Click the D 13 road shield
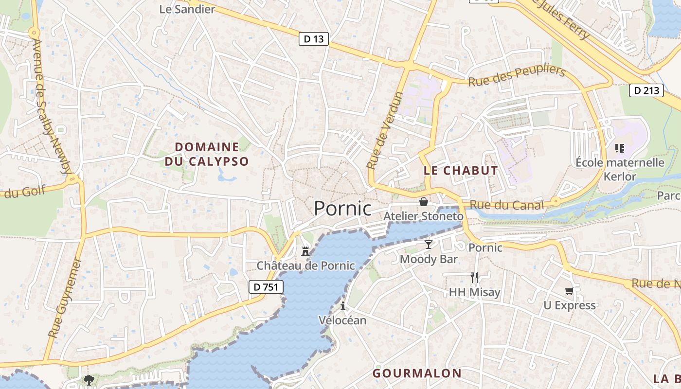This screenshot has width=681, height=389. (x=314, y=39)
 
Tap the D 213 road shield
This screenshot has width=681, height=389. (x=646, y=90)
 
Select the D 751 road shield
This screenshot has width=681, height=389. (x=266, y=287)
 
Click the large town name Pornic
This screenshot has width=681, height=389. (x=342, y=209)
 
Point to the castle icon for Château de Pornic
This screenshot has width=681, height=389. (x=305, y=251)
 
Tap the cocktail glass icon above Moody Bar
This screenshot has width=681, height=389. (x=428, y=244)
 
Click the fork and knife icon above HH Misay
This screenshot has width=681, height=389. (x=474, y=278)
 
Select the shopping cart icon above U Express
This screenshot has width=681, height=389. (x=569, y=291)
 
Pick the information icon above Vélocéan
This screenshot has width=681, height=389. (x=343, y=306)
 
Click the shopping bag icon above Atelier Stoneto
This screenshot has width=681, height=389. (x=424, y=202)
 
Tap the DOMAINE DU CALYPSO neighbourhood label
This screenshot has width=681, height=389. (x=207, y=154)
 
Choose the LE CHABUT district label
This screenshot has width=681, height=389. (x=461, y=171)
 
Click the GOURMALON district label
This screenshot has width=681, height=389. (x=417, y=373)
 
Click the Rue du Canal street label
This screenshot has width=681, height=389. (x=503, y=205)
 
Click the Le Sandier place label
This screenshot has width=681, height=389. (x=187, y=9)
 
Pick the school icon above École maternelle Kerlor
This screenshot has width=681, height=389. (x=620, y=148)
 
